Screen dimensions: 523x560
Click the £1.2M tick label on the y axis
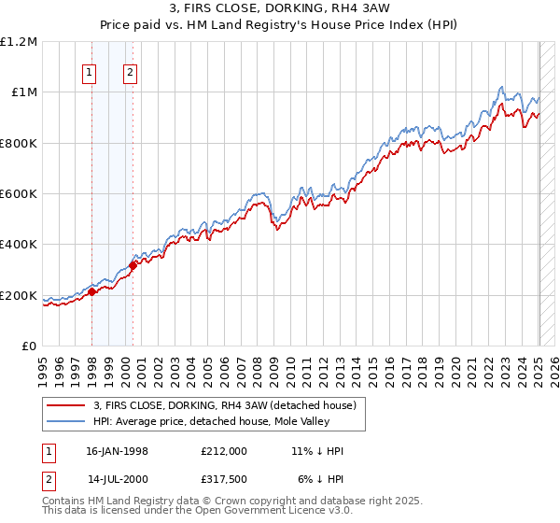[19, 42]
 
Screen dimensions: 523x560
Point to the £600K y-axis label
[19, 194]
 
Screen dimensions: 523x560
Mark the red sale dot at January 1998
[91, 292]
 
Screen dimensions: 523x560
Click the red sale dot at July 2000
[133, 265]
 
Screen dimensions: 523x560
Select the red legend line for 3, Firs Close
[66, 405]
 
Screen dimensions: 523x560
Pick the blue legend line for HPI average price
[66, 421]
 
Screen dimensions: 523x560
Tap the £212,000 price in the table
[225, 451]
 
